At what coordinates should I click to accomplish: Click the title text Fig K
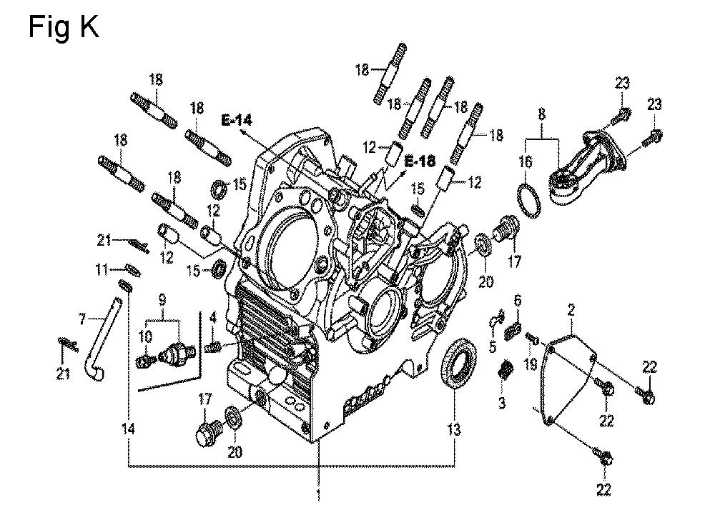click(x=64, y=27)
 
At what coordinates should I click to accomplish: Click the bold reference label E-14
click(x=237, y=120)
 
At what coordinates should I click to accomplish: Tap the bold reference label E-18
click(x=420, y=161)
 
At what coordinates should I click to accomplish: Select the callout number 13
click(x=454, y=429)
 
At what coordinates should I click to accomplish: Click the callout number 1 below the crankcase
click(x=319, y=495)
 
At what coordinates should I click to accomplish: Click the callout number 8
click(x=541, y=114)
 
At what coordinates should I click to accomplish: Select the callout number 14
click(x=129, y=429)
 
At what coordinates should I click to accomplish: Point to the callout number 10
click(x=145, y=337)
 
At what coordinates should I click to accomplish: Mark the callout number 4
click(x=213, y=317)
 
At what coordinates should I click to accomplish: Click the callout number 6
click(x=517, y=300)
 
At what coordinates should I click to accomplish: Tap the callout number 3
click(x=502, y=403)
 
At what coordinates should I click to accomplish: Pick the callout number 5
click(x=493, y=346)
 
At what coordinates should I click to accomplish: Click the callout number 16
click(x=526, y=161)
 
